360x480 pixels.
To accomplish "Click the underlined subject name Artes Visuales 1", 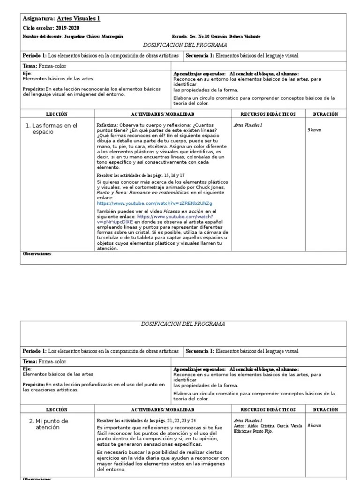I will (78, 19).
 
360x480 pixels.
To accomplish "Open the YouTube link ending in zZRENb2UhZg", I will (155, 203).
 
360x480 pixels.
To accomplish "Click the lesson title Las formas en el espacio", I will (52, 129).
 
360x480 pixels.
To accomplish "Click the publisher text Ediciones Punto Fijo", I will (253, 430).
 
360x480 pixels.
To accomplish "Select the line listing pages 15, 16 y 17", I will (141, 175).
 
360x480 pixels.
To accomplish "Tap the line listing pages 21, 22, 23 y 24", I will (146, 420).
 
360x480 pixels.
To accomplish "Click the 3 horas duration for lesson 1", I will (314, 129).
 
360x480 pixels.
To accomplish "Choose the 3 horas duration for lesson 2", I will (314, 426).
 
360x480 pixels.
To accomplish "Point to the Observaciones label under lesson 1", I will (37, 254).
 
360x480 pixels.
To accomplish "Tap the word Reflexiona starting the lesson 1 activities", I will (107, 125).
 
